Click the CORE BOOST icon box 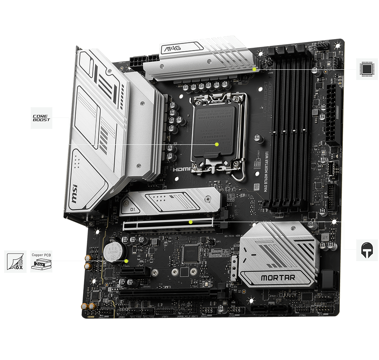click(x=41, y=117)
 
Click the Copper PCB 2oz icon click(x=41, y=261)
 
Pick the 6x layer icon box click(x=16, y=261)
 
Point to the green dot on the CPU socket click(x=217, y=144)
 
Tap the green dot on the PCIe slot click(x=191, y=222)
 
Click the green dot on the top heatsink click(x=254, y=69)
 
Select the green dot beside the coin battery click(x=127, y=261)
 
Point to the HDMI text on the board click(x=182, y=170)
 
